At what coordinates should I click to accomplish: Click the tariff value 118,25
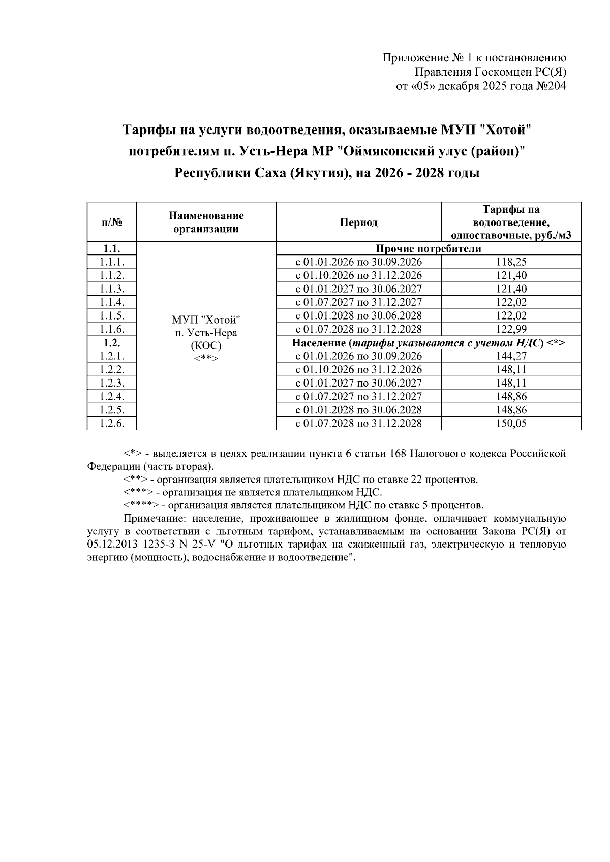pyautogui.click(x=511, y=262)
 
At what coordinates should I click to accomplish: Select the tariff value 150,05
pyautogui.click(x=511, y=424)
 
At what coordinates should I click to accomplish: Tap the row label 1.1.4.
pyautogui.click(x=112, y=302)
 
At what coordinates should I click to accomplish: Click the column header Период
pyautogui.click(x=359, y=222)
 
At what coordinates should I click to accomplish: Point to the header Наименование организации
pyautogui.click(x=206, y=222)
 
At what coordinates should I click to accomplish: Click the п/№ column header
pyautogui.click(x=112, y=222)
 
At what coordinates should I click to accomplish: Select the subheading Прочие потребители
pyautogui.click(x=428, y=248)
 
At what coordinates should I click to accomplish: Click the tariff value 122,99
pyautogui.click(x=511, y=329)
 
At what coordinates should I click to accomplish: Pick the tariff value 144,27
pyautogui.click(x=511, y=356)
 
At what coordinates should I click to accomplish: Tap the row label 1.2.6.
pyautogui.click(x=112, y=424)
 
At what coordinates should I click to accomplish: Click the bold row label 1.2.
pyautogui.click(x=112, y=343)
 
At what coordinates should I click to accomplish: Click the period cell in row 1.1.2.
pyautogui.click(x=359, y=275)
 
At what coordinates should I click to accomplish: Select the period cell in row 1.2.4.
pyautogui.click(x=359, y=397)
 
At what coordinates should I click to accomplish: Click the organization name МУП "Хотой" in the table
pyautogui.click(x=206, y=320)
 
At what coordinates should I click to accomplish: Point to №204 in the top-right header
pyautogui.click(x=551, y=86)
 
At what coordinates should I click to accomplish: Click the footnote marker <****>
pyautogui.click(x=141, y=506)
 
